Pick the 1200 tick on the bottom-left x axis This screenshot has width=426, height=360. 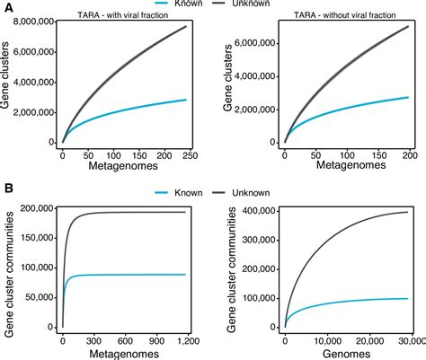[184, 339]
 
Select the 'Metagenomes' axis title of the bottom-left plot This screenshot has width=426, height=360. [121, 351]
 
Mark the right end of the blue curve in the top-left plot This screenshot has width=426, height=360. [186, 100]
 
